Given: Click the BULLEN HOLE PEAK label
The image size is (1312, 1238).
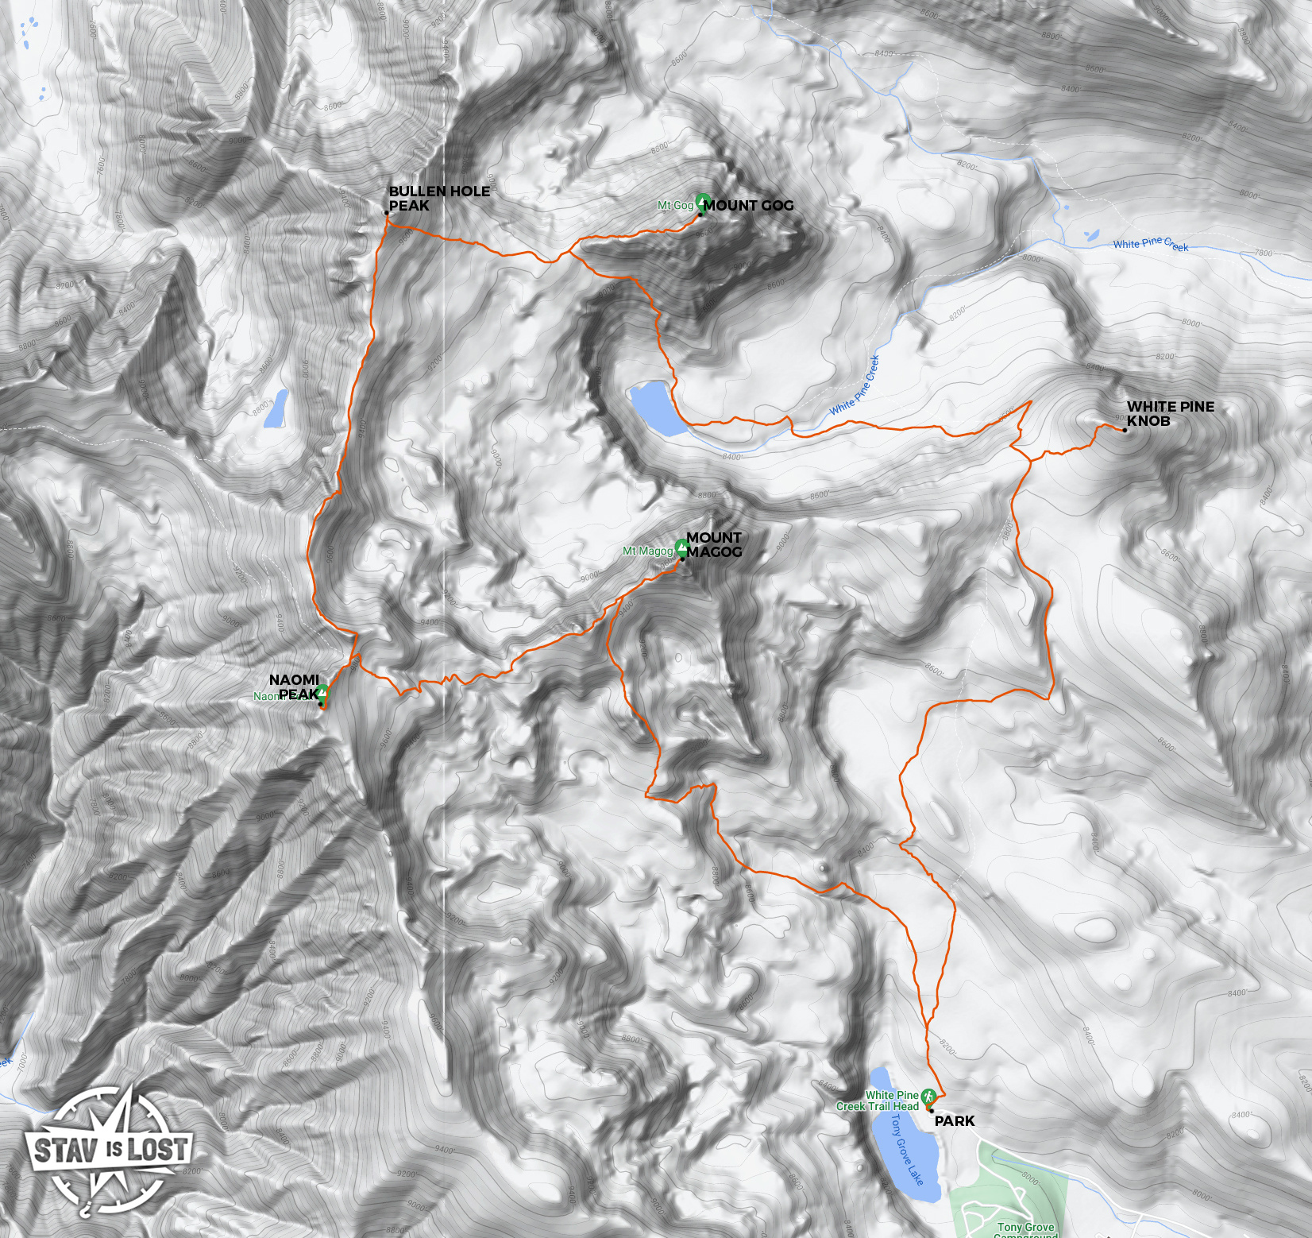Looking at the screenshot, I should pyautogui.click(x=438, y=198).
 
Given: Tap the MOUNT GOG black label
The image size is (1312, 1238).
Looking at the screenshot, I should pyautogui.click(x=748, y=206).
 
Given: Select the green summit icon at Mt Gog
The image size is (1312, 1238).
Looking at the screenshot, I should pyautogui.click(x=702, y=202).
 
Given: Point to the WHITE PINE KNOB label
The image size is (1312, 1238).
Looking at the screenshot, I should pyautogui.click(x=1170, y=414).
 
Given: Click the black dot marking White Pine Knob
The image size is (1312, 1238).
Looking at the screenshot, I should pyautogui.click(x=1124, y=430).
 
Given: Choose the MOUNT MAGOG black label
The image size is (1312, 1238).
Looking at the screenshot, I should pyautogui.click(x=714, y=545).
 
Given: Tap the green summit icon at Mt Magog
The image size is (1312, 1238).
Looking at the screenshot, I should pyautogui.click(x=681, y=547).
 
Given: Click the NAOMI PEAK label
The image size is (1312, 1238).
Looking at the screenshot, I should pyautogui.click(x=295, y=687).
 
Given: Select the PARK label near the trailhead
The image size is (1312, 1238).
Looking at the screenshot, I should pyautogui.click(x=954, y=1121).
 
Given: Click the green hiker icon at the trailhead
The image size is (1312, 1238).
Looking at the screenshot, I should pyautogui.click(x=928, y=1096).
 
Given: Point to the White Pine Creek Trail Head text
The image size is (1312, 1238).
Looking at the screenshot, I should pyautogui.click(x=878, y=1101).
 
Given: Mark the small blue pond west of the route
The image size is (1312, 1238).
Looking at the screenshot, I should pyautogui.click(x=276, y=408).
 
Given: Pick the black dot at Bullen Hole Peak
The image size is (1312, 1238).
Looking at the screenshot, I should pyautogui.click(x=387, y=213).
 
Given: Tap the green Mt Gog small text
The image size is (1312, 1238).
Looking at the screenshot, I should pyautogui.click(x=675, y=206).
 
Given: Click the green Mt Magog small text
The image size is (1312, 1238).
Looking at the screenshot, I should pyautogui.click(x=647, y=551).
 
